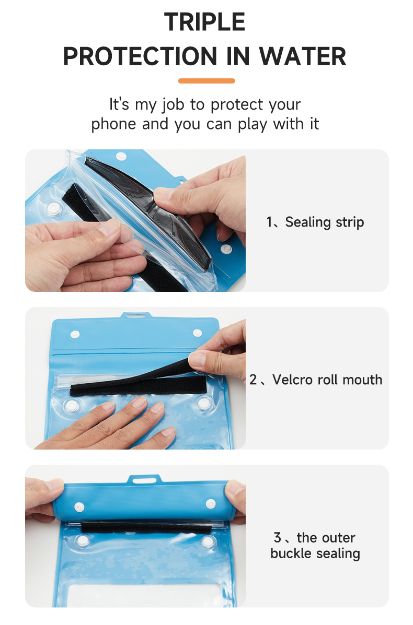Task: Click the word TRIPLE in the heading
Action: pos(205,22)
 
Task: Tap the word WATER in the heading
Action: pos(303,56)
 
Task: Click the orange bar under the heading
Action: pos(206,81)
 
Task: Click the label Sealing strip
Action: pos(325,222)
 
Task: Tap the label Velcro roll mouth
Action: pos(327,380)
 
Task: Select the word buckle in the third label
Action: pos(291,553)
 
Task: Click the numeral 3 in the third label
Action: pos(278,538)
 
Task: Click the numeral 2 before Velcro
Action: pos(254,380)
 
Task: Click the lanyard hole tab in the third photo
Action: pos(145,479)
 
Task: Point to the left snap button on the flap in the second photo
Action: pos(75,334)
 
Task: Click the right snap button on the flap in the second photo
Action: pos(197,333)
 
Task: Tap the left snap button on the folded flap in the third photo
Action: pos(79,508)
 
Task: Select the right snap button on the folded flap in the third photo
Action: pos(211,504)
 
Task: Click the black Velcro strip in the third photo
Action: pos(146,528)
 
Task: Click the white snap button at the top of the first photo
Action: pos(121,156)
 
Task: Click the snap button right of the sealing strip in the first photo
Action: pos(227,250)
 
